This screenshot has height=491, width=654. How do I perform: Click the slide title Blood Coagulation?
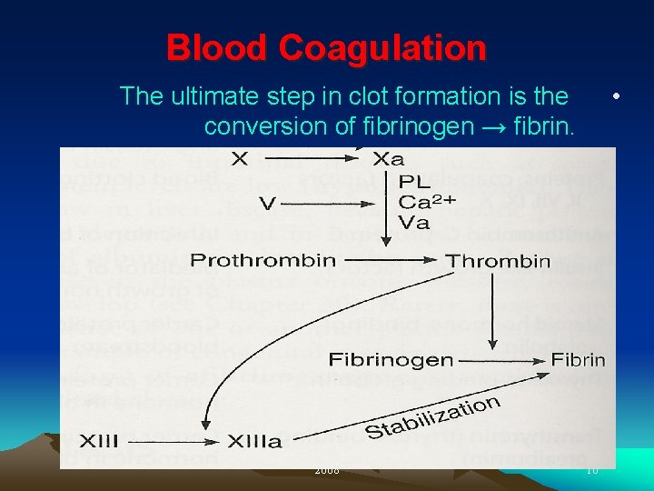(326, 47)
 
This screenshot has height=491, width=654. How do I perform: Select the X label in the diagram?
(239, 159)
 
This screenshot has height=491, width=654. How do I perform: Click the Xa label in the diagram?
(388, 159)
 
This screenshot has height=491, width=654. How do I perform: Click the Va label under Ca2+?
(415, 222)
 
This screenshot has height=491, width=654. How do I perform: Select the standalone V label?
(267, 204)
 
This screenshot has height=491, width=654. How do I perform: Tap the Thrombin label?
(498, 261)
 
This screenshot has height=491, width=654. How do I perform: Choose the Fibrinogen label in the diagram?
(391, 359)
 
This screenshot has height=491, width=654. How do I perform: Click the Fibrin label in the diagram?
(579, 359)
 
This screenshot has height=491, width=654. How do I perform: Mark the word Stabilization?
(432, 417)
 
